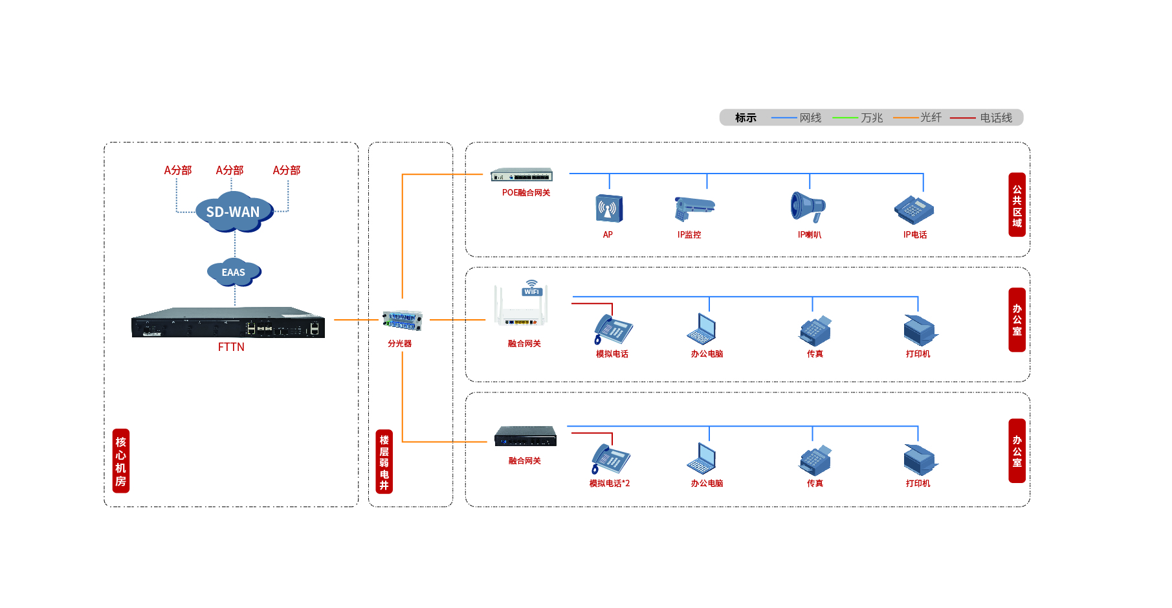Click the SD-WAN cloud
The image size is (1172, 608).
click(234, 212)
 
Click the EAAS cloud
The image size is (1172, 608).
click(234, 272)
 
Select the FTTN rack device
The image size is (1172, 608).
click(228, 322)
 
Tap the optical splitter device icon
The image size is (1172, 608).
click(402, 320)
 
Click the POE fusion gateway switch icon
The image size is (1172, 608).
click(522, 175)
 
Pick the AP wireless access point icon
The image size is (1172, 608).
click(609, 208)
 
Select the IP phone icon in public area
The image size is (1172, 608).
click(914, 209)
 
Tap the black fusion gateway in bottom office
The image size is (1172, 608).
click(525, 436)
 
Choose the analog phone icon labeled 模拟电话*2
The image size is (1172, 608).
click(610, 459)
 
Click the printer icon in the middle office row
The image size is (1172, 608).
click(920, 330)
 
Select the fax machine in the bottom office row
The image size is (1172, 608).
click(815, 460)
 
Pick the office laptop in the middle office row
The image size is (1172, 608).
click(702, 329)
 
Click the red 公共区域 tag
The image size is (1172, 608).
click(1017, 205)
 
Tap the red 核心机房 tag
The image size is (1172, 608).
click(121, 460)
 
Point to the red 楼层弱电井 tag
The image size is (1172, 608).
click(384, 461)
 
